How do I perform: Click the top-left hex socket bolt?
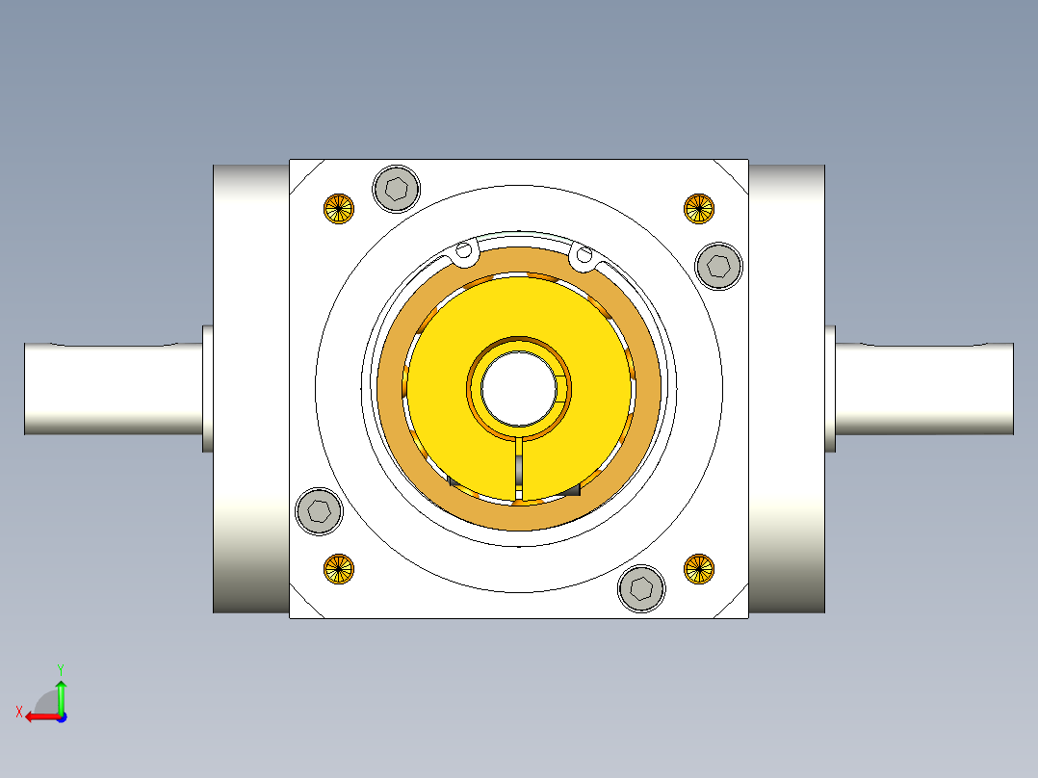point(396,188)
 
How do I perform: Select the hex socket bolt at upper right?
point(718,265)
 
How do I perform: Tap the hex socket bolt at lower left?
point(319,511)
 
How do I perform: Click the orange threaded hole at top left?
point(338,208)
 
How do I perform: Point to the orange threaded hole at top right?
point(699,208)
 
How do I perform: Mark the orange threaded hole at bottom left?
point(338,568)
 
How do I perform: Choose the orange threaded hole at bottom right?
point(699,568)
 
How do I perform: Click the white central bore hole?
point(519,388)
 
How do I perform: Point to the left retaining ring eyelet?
point(464,252)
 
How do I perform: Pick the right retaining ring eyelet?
point(582,254)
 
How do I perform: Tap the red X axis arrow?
point(39,715)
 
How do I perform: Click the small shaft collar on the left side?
point(207,388)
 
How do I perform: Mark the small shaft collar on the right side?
point(830,388)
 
